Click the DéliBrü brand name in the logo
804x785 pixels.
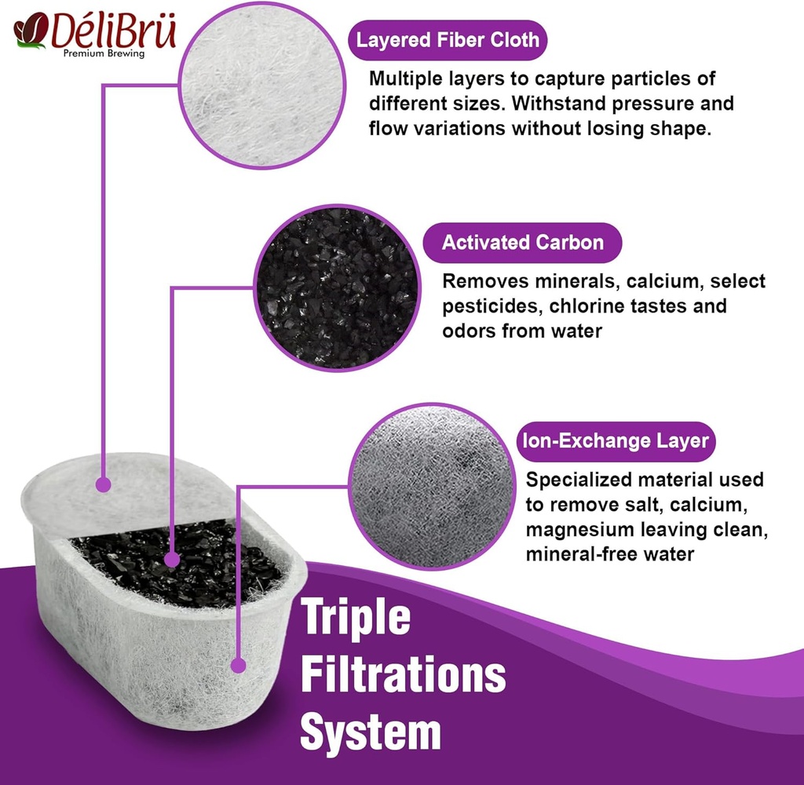(x=114, y=31)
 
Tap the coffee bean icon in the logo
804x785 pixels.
(x=31, y=31)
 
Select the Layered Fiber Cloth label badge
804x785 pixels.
(x=448, y=40)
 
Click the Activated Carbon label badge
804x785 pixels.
(x=522, y=243)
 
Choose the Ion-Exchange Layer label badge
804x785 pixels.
(x=616, y=441)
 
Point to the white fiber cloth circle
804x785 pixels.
(x=262, y=86)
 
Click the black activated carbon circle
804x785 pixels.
(x=338, y=287)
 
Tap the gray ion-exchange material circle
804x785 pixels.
(x=433, y=486)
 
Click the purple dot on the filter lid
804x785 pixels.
(x=104, y=484)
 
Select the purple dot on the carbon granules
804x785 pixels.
(x=172, y=560)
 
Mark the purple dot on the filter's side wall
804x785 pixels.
(x=238, y=666)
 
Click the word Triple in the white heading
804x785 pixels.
(x=356, y=619)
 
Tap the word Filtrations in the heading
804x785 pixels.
(x=403, y=674)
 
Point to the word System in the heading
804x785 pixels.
(x=371, y=732)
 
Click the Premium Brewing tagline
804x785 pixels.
(x=104, y=53)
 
